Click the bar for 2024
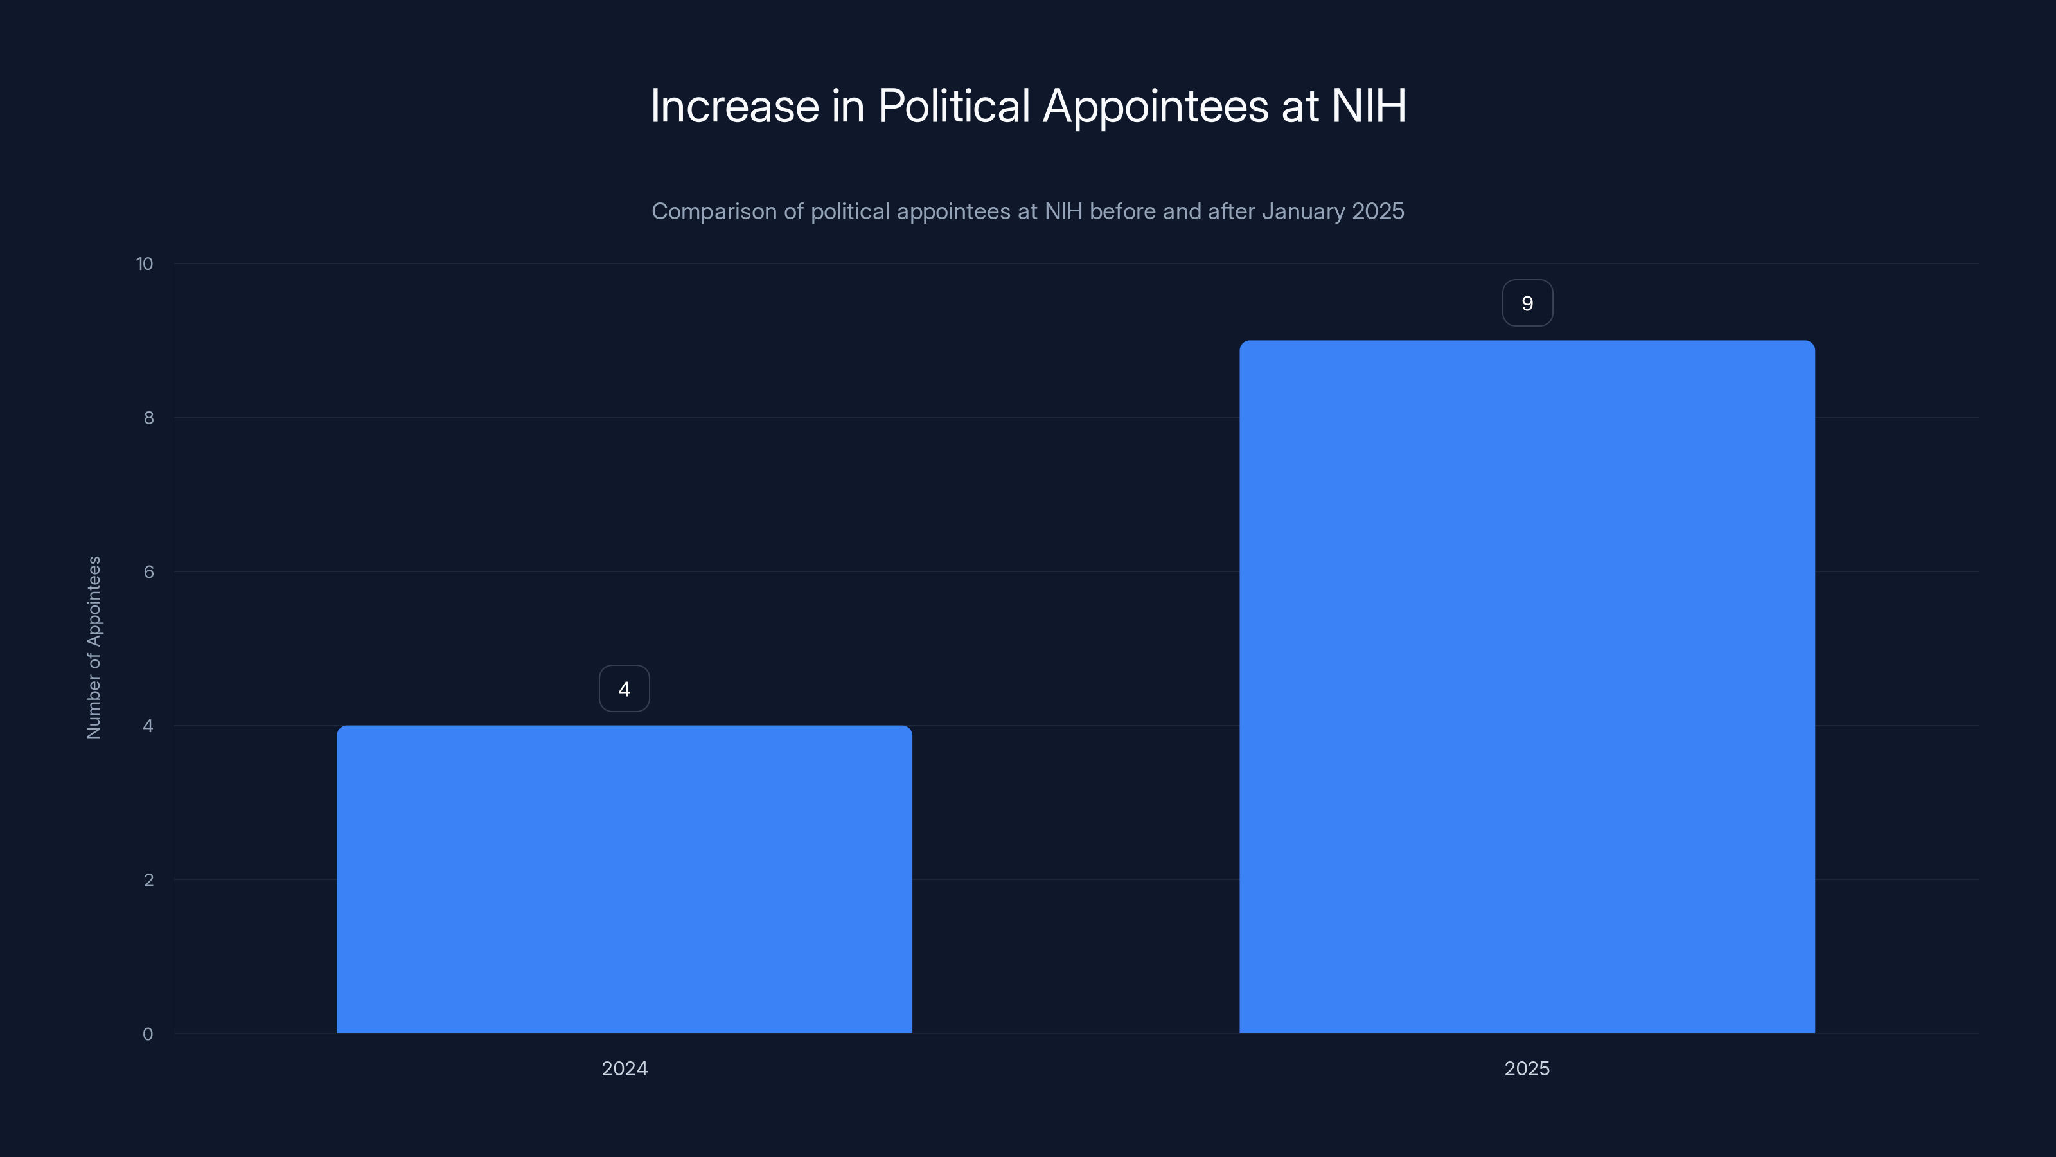624,878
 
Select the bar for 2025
1527,686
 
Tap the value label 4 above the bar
624,688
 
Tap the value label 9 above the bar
1527,303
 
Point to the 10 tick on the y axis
145,264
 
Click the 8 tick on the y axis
148,418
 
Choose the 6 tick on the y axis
148,571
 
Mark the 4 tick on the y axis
148,726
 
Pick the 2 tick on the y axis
148,880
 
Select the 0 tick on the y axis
148,1034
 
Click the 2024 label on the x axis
624,1068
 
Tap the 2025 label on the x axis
1527,1068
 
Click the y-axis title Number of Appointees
93,647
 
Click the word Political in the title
953,106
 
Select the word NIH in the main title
1368,106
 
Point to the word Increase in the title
734,106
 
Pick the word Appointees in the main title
1155,106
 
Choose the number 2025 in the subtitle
1378,211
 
